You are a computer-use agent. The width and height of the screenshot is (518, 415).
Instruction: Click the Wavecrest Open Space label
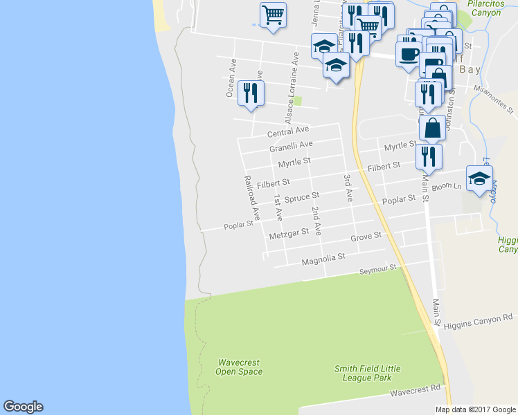tap(239, 367)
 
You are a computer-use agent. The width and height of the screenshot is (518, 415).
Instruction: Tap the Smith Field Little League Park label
tap(366, 373)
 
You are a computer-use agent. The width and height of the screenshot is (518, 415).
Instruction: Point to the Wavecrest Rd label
tap(416, 391)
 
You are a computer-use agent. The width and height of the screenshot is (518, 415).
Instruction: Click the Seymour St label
tap(377, 268)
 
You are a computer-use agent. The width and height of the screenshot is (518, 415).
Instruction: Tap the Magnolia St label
tap(323, 259)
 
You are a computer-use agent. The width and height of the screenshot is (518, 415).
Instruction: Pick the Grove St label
tap(366, 237)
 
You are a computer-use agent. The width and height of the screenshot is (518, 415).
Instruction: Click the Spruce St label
tap(301, 198)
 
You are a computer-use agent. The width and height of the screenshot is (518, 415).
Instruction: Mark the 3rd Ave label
tap(348, 187)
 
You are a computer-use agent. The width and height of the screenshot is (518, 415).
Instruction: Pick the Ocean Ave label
tap(231, 77)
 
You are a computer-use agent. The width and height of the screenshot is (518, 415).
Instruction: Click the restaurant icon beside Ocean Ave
tap(250, 93)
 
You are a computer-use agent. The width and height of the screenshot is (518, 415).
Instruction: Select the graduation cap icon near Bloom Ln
tap(479, 178)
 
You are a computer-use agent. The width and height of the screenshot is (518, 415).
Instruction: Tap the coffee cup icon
tap(408, 53)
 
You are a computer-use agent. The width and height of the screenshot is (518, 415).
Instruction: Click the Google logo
tap(23, 407)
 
